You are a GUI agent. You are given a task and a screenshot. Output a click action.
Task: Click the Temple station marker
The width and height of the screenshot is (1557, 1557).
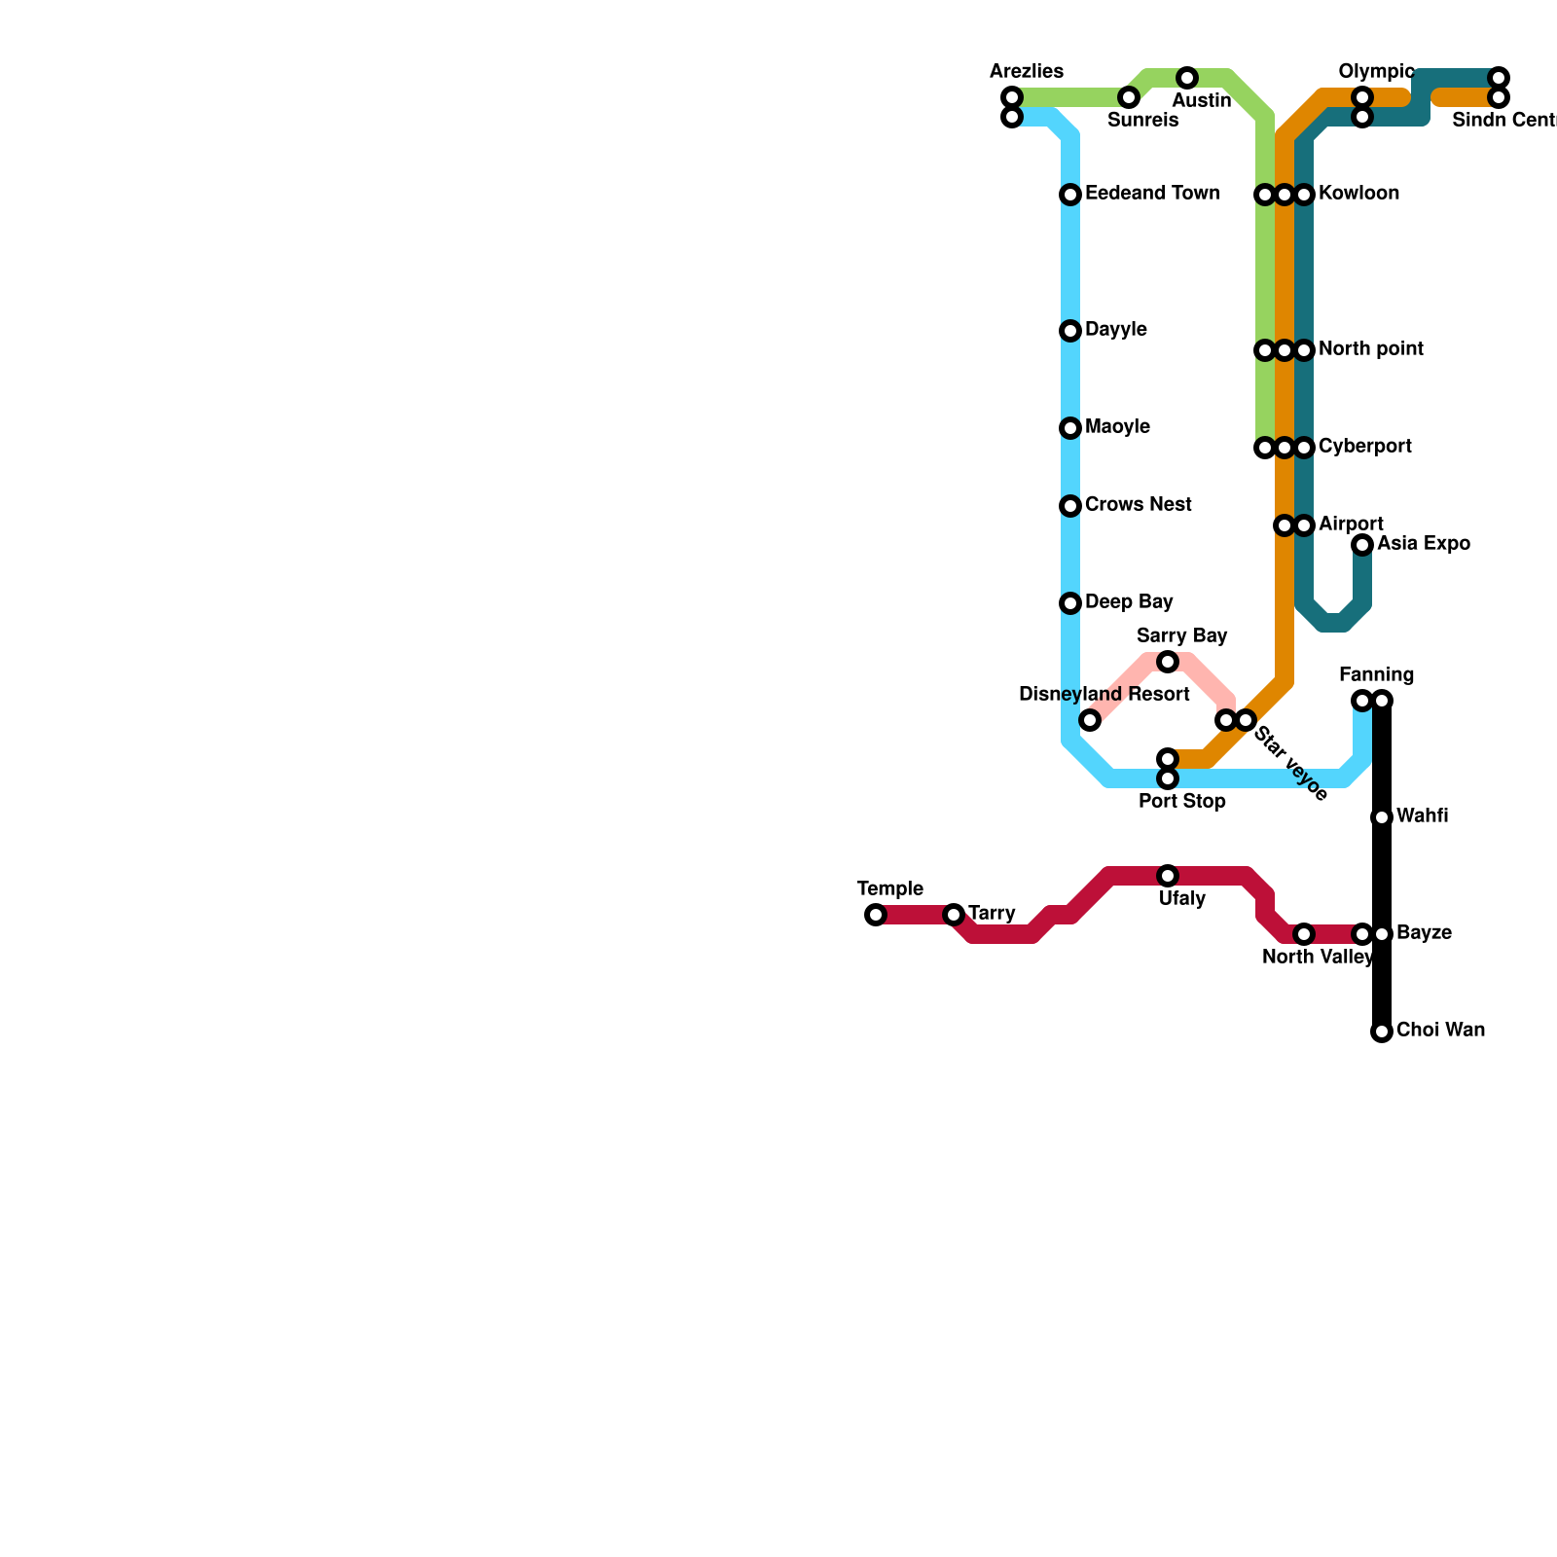point(876,915)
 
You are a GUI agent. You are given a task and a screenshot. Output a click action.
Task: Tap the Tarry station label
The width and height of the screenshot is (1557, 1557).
point(992,914)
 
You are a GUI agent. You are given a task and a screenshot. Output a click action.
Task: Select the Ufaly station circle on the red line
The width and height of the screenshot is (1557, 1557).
point(1168,876)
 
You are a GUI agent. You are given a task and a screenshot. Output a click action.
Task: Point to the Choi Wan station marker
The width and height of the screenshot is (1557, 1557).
point(1382,1032)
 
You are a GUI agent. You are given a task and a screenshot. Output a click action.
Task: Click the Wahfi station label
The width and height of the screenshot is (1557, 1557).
point(1422,816)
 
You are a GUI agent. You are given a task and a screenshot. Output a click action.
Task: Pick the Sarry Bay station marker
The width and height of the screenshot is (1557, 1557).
point(1168,662)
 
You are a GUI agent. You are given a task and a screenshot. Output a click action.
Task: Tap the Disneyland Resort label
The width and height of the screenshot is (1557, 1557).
point(1104,695)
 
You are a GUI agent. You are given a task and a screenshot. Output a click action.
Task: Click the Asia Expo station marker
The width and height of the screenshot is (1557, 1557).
point(1362,545)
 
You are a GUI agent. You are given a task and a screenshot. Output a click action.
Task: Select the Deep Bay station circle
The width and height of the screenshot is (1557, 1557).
point(1070,603)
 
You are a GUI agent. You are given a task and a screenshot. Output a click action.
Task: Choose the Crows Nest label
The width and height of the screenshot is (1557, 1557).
point(1138,505)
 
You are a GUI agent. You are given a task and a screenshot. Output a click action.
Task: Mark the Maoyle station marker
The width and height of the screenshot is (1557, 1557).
point(1070,428)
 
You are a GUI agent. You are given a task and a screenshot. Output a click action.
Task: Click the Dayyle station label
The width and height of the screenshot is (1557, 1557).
point(1115,330)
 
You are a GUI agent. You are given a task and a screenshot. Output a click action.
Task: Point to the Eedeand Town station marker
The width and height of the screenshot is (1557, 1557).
point(1070,195)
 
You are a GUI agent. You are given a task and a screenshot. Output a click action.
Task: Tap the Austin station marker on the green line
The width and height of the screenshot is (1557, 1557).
point(1186,78)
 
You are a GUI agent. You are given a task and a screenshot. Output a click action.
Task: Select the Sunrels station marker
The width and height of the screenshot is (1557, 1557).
point(1128,97)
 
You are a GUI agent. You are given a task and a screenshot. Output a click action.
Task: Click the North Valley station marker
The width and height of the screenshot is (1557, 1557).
point(1304,934)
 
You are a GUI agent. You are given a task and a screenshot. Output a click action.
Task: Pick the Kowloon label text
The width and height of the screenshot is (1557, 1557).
point(1358,194)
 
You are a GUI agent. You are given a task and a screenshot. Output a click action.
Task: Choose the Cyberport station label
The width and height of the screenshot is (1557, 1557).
point(1364,447)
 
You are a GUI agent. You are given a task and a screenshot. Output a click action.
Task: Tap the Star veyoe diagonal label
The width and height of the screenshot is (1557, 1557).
point(1290,764)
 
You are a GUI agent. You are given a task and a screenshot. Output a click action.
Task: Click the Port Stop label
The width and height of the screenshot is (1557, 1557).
point(1181,802)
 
